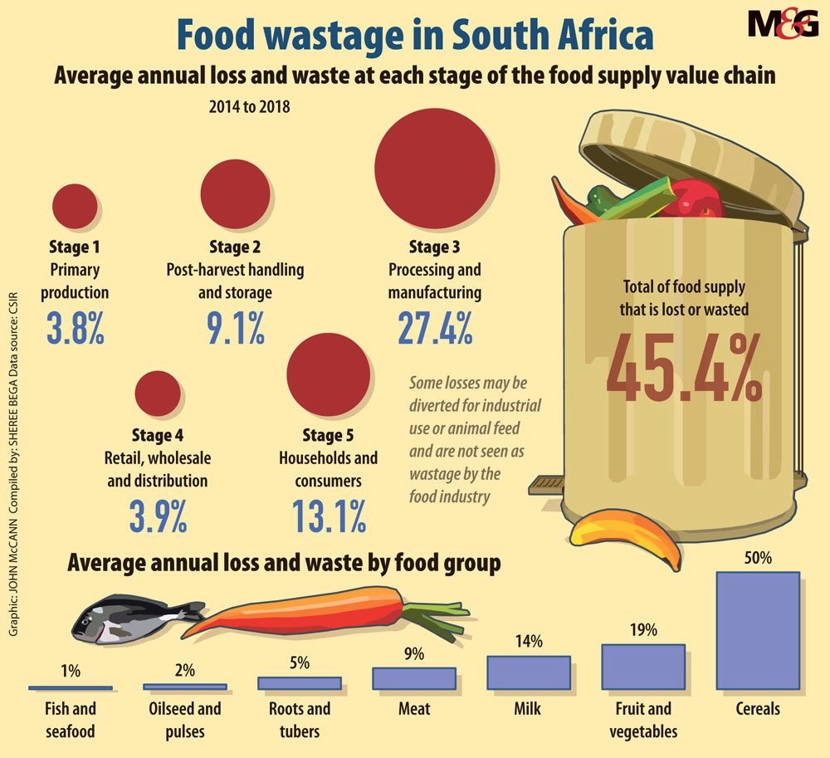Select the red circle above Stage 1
[75, 204]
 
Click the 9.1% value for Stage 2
[235, 326]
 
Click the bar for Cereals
[757, 630]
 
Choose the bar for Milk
[528, 672]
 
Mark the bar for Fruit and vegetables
[642, 667]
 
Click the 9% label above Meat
[413, 654]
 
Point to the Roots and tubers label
[300, 719]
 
